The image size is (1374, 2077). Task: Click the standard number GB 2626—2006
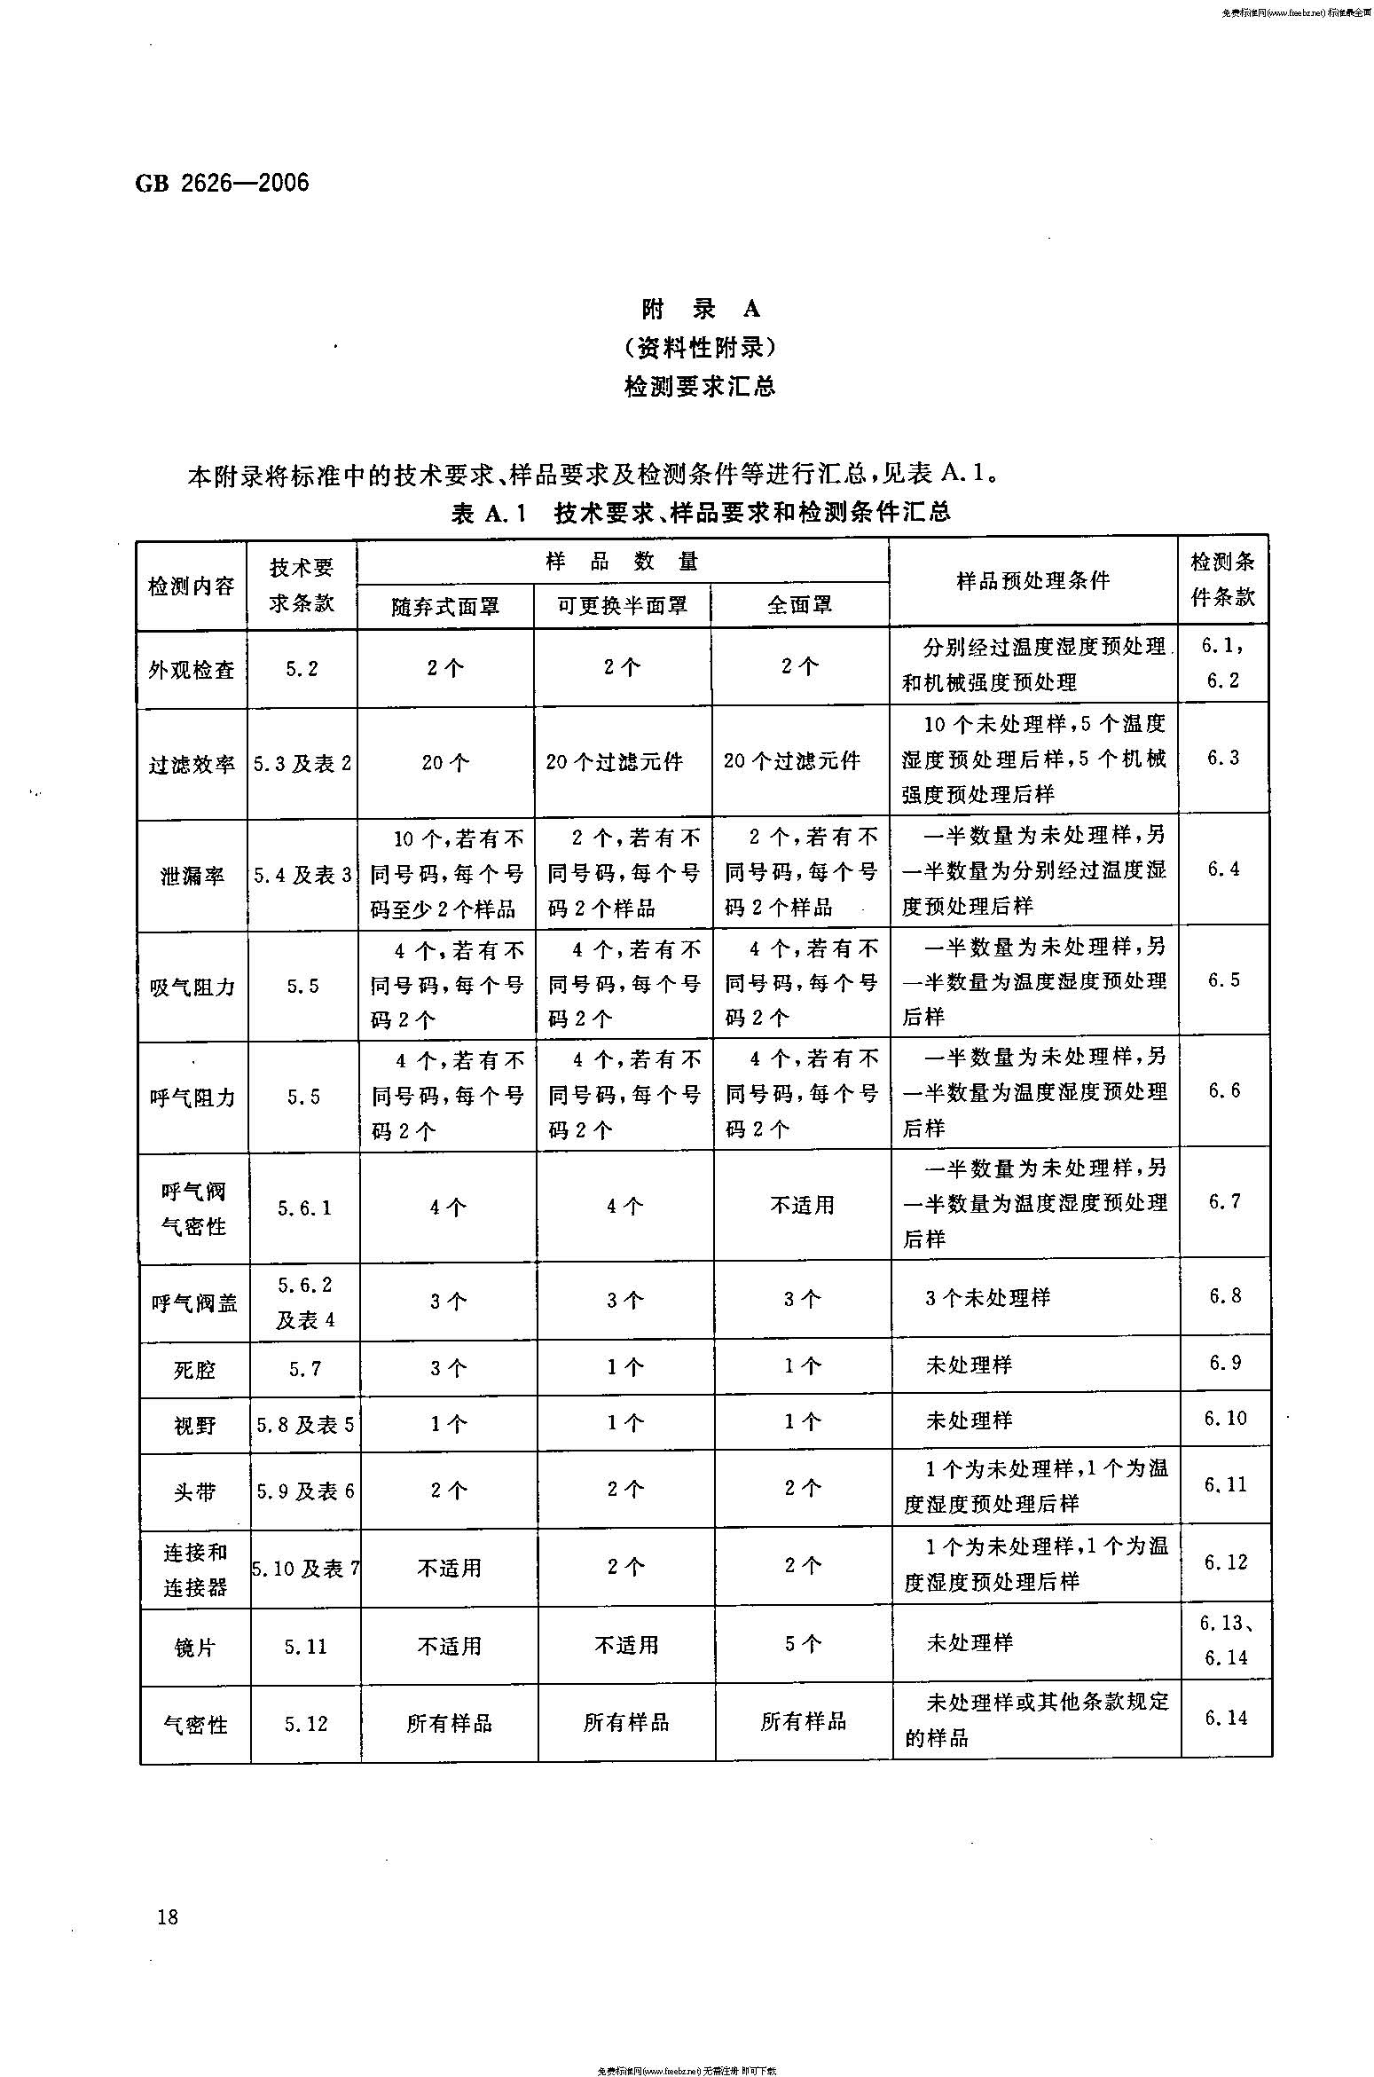(x=222, y=184)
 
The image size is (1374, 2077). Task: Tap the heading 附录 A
(x=701, y=309)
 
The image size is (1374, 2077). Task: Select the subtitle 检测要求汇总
(x=700, y=387)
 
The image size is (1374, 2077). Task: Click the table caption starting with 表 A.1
(x=701, y=513)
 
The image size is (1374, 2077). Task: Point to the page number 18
(x=167, y=1916)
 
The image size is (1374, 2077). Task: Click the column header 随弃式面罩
(x=445, y=606)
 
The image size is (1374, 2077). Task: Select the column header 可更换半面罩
(x=622, y=605)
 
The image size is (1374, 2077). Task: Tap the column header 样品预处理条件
(x=1033, y=581)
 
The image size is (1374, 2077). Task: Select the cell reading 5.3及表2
(x=302, y=763)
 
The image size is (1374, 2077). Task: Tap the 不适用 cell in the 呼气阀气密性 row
(x=802, y=1205)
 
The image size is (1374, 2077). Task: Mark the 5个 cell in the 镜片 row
(x=802, y=1644)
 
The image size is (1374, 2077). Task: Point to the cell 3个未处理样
(x=987, y=1298)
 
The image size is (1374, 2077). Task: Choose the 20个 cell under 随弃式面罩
(x=445, y=763)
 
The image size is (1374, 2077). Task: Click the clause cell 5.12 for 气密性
(x=305, y=1724)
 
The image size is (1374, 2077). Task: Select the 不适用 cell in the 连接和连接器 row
(x=449, y=1568)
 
